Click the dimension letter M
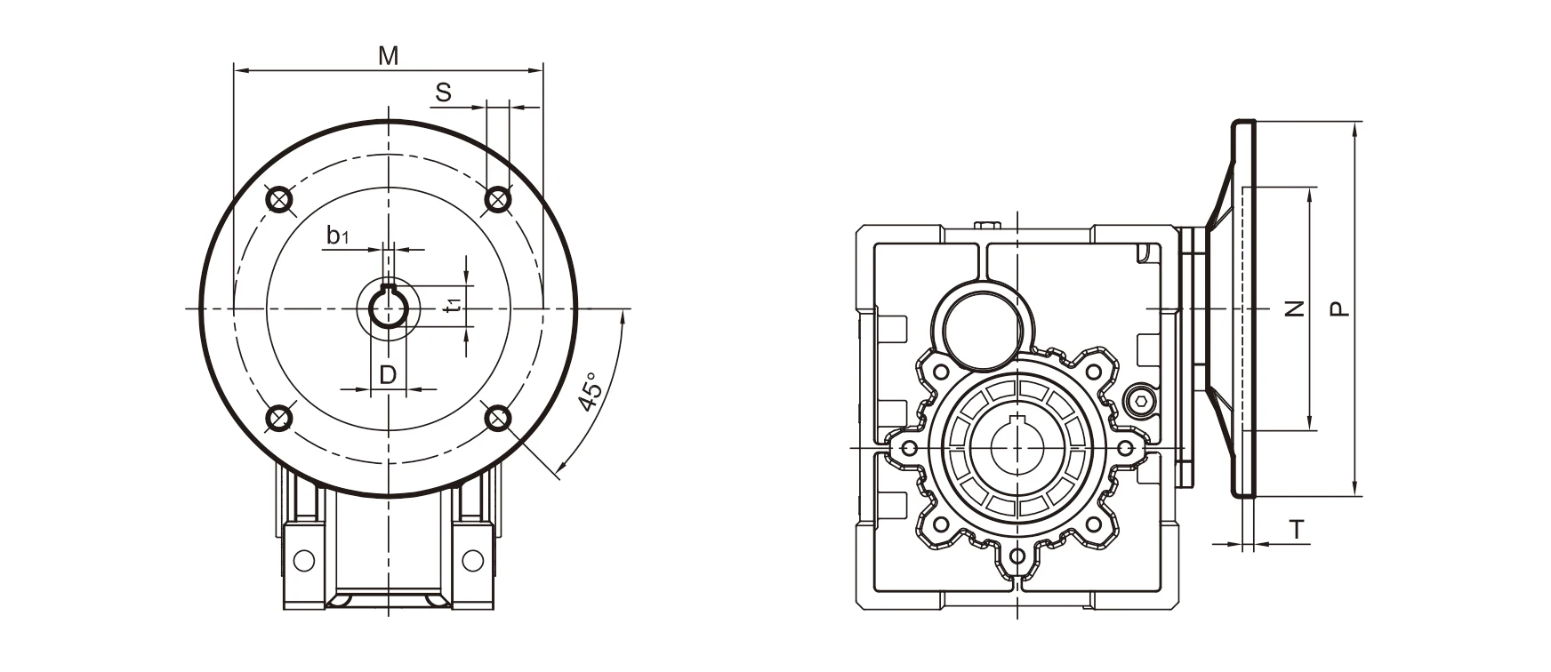[388, 56]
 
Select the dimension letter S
[444, 92]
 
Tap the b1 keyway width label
[337, 236]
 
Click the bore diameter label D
[388, 374]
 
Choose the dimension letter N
[1296, 308]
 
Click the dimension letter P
[1338, 308]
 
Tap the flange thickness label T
[1298, 531]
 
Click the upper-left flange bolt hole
[278, 199]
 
